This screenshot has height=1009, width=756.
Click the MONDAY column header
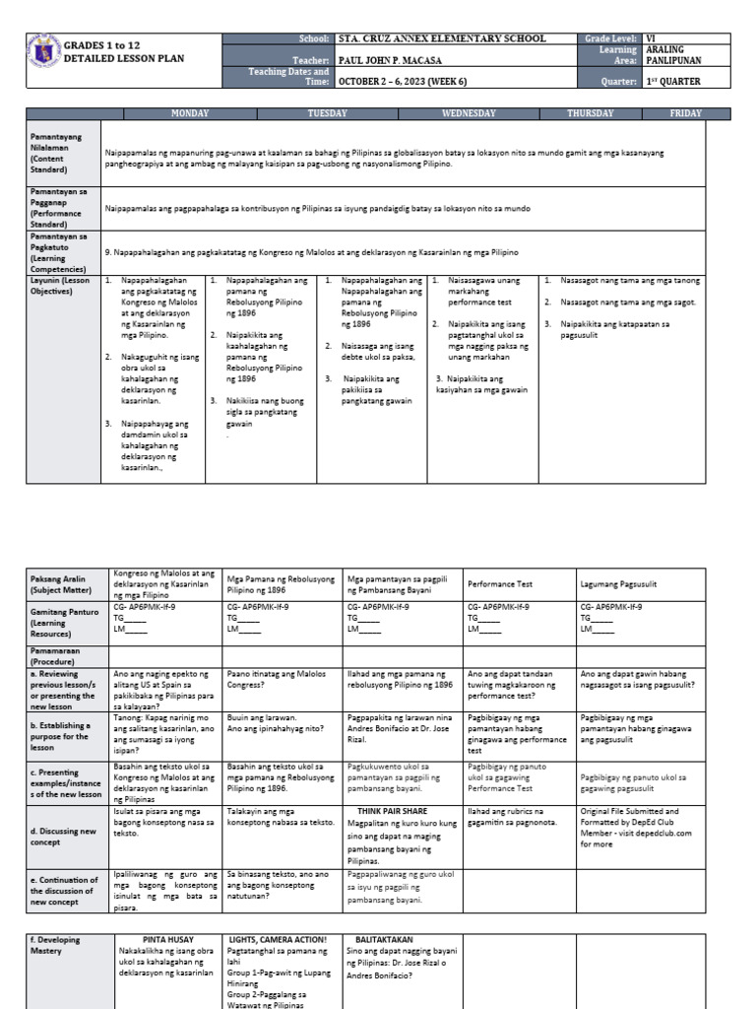190,113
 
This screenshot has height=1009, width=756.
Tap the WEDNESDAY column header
468,113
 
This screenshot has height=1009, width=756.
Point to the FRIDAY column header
685,113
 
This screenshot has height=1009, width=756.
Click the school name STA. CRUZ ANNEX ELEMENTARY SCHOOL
441,38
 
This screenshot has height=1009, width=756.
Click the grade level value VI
650,38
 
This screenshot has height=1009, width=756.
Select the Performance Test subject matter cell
499,584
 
